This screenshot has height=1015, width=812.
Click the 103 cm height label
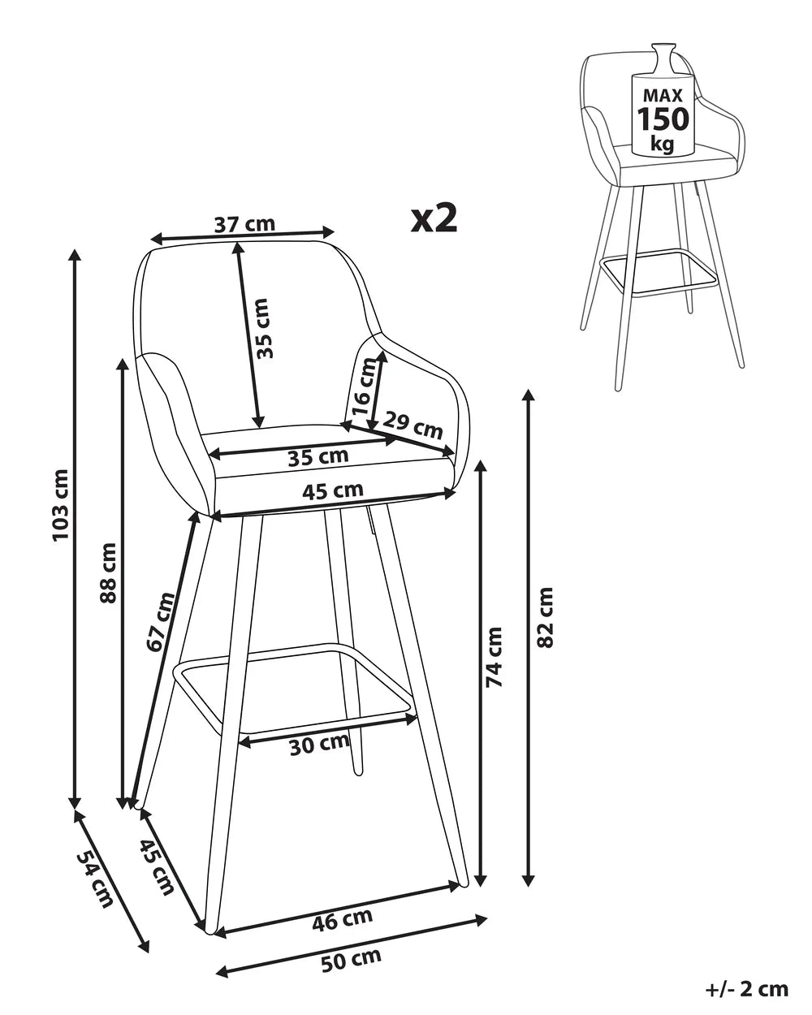(x=62, y=506)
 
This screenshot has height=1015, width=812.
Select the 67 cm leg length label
(x=162, y=622)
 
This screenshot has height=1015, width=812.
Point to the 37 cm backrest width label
(x=244, y=223)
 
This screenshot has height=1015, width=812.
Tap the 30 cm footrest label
(x=319, y=743)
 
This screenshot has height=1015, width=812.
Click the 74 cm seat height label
(x=495, y=656)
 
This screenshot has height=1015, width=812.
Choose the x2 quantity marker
(x=434, y=218)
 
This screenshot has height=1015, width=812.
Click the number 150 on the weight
(x=663, y=119)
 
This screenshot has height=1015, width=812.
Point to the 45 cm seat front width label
(x=332, y=490)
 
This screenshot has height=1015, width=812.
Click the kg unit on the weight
(x=663, y=144)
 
